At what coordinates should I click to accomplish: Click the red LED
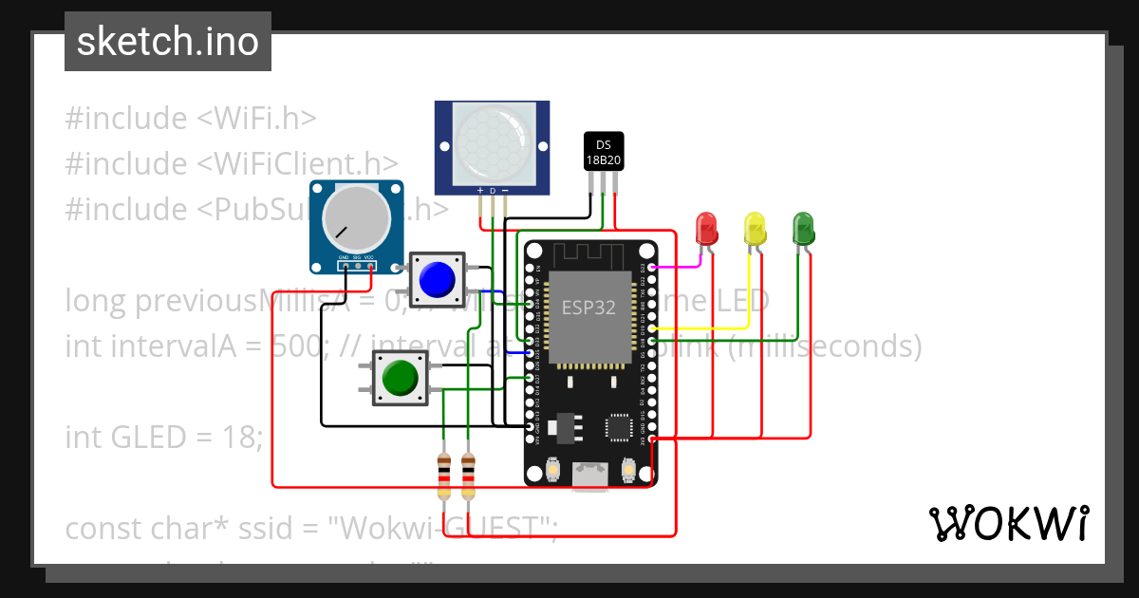(x=707, y=229)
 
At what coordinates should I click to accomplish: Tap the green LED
(x=803, y=229)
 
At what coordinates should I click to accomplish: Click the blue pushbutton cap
(x=437, y=278)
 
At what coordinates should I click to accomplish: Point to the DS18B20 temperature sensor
(x=603, y=152)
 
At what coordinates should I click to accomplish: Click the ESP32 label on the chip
(x=588, y=308)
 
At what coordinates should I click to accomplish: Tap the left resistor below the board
(x=443, y=475)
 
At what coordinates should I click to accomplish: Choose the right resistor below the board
(x=468, y=475)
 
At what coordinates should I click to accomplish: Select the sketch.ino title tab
(x=168, y=42)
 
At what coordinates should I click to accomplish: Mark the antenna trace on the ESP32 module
(x=588, y=253)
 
